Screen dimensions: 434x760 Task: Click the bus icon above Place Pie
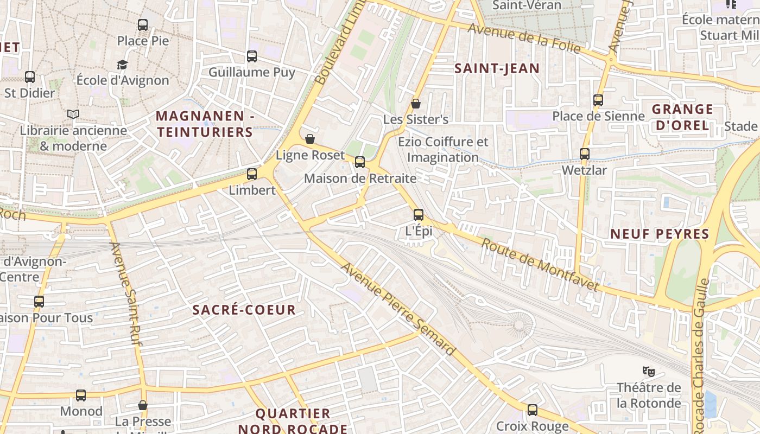(x=143, y=24)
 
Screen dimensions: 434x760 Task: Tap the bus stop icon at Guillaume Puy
(x=252, y=56)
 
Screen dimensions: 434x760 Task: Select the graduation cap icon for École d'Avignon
(x=123, y=65)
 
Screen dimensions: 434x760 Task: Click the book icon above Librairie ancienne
(x=73, y=114)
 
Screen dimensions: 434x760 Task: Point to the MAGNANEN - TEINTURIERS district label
(x=205, y=124)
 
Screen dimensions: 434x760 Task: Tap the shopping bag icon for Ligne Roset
(x=310, y=139)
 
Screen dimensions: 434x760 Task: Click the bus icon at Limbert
(x=252, y=174)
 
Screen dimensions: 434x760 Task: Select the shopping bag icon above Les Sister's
(x=416, y=103)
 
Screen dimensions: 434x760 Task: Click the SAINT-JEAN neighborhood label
(x=497, y=68)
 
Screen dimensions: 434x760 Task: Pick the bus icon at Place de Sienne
(x=598, y=100)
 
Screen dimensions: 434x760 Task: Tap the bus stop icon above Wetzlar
(x=585, y=154)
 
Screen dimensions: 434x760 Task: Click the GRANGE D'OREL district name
(x=682, y=117)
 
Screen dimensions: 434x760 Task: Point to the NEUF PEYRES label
(x=660, y=234)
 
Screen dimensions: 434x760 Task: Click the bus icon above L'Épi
(x=419, y=215)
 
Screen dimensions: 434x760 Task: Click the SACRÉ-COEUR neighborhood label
(x=244, y=310)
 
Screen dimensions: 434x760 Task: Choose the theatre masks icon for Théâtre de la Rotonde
(x=648, y=372)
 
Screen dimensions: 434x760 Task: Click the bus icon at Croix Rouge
(x=533, y=410)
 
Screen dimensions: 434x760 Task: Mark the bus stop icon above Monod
(x=81, y=395)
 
